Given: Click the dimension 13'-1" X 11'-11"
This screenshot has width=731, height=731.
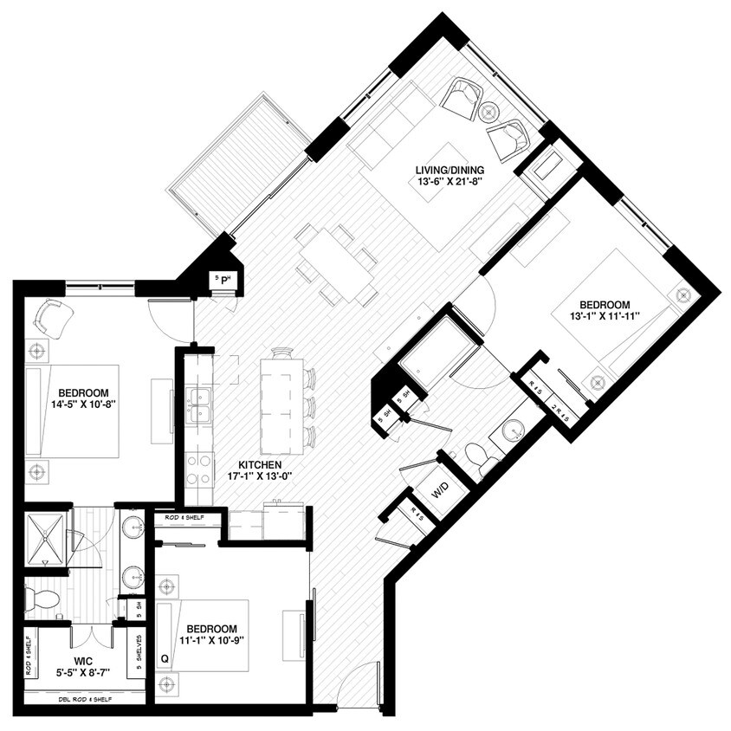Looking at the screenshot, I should pos(604,317).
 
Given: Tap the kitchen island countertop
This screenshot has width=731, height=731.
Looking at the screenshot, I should pos(281,403).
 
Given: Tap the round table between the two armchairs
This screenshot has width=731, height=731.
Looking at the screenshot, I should pos(488,111).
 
